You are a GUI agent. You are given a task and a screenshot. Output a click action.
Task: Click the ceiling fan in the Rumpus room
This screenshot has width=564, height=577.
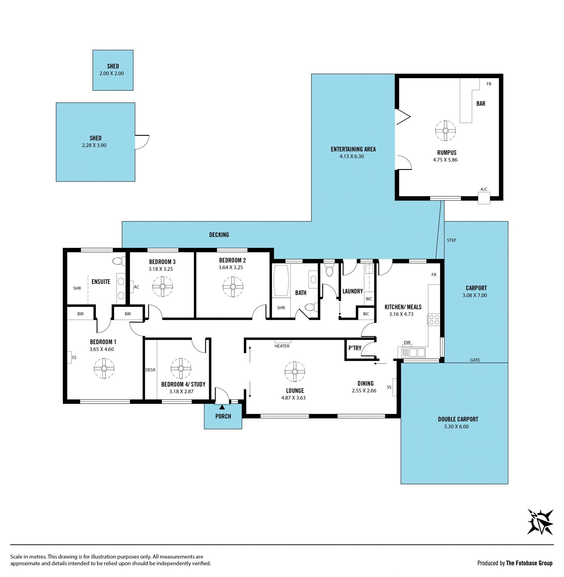click(445, 131)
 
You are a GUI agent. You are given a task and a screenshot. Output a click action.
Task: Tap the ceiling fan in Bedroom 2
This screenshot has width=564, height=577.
click(233, 287)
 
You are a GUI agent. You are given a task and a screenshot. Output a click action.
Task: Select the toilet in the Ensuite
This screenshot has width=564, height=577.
click(119, 261)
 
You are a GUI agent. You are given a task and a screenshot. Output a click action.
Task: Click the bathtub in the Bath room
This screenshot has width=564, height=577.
click(281, 280)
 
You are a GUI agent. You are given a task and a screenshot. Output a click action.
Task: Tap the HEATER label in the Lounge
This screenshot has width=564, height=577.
click(282, 346)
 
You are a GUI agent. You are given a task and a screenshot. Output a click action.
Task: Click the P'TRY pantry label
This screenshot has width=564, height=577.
click(355, 348)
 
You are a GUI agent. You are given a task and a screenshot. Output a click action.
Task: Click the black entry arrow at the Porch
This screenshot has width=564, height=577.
click(222, 407)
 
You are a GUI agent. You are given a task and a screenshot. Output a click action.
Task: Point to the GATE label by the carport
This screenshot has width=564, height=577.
click(475, 360)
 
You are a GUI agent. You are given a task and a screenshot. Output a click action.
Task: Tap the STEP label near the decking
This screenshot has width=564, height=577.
click(451, 240)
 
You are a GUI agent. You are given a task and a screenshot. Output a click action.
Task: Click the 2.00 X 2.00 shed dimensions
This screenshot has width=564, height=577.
click(112, 73)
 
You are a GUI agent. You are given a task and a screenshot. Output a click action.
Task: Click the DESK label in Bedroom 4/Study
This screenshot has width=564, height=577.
click(150, 370)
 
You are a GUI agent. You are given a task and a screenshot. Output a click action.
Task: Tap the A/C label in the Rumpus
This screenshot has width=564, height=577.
click(484, 189)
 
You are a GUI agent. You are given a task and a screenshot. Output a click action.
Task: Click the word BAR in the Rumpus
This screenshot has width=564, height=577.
click(481, 104)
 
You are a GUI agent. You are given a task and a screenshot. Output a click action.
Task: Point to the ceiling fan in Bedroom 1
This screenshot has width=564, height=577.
click(104, 368)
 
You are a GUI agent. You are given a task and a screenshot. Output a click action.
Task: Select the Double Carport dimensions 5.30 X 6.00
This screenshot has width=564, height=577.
click(456, 427)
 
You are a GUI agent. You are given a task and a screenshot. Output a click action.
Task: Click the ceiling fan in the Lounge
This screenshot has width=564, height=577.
click(295, 372)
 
